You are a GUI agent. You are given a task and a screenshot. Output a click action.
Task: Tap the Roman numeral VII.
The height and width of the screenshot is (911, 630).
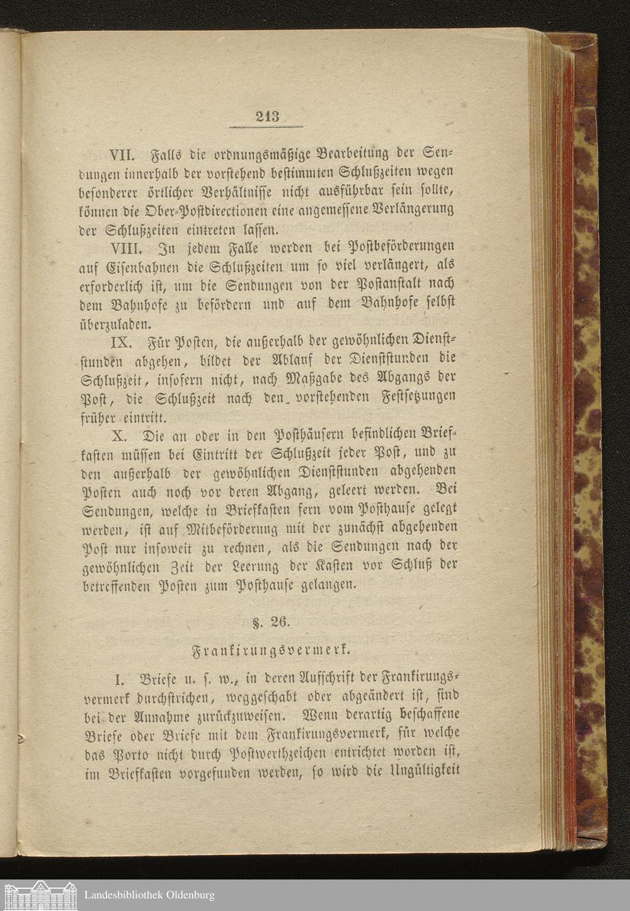click(x=124, y=154)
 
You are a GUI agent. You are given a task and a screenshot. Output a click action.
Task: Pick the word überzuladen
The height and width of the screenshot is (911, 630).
click(x=117, y=326)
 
